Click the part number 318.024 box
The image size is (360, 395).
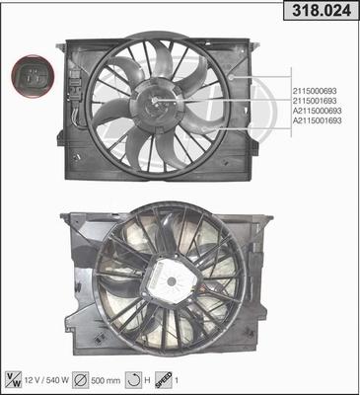coord(321,11)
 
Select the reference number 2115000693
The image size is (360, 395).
coord(315,91)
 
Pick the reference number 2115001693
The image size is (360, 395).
coord(315,101)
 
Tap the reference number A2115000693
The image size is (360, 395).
coord(318,111)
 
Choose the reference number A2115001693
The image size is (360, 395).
coord(318,120)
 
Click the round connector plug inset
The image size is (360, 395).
coord(33,76)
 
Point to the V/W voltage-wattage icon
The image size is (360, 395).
coord(14,380)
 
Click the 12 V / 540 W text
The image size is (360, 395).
coord(46,380)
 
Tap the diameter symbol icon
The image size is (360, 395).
coord(81,380)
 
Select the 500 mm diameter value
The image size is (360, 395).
coord(106,381)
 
